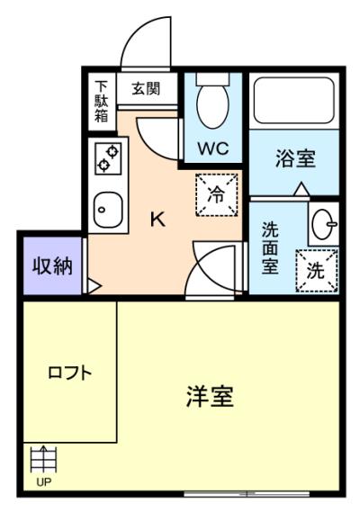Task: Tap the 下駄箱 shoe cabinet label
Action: (x=101, y=100)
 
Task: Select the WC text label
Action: (x=214, y=147)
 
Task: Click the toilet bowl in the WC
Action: (x=213, y=105)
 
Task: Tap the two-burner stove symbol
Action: (x=107, y=160)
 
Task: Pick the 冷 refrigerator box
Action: (x=217, y=193)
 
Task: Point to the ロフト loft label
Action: (x=69, y=372)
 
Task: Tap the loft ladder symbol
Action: (x=42, y=462)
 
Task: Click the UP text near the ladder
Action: (x=42, y=482)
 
